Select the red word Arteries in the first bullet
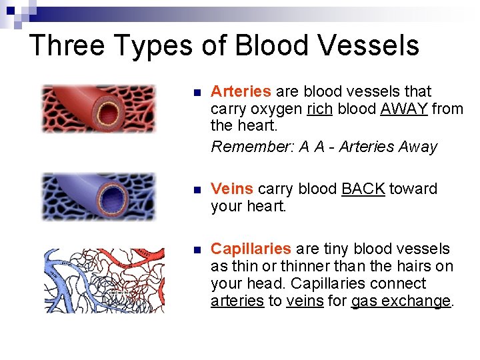tap(241, 91)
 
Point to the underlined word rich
tap(320, 109)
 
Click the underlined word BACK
tap(363, 189)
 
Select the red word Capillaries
tap(251, 249)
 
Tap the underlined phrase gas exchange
tap(401, 301)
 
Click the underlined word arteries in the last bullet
tap(237, 301)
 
